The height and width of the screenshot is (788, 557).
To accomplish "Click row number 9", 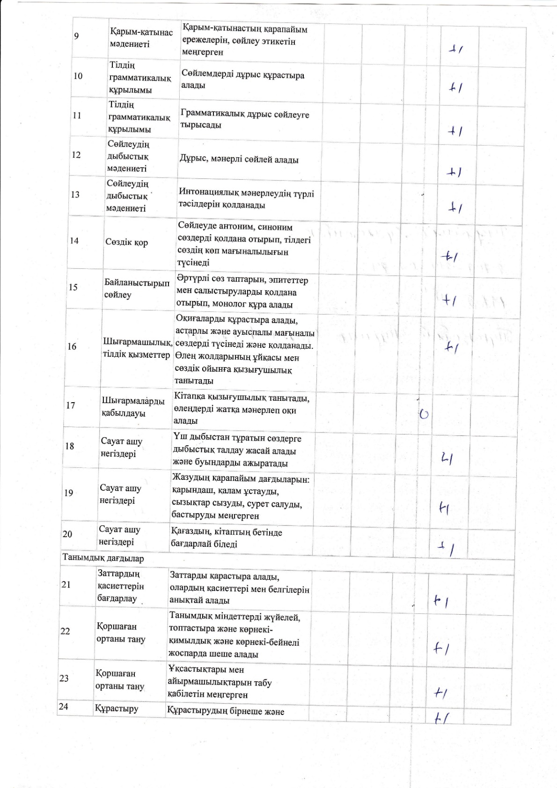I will pyautogui.click(x=76, y=37).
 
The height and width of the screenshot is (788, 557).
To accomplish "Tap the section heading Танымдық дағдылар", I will pyautogui.click(x=103, y=558).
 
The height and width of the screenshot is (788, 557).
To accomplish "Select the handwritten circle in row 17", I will pyautogui.click(x=424, y=413).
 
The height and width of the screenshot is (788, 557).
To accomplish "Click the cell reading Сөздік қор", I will pyautogui.click(x=126, y=243).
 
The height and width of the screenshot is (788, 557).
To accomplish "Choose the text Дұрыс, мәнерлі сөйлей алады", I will pyautogui.click(x=239, y=160).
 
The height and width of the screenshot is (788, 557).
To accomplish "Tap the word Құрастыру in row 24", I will pyautogui.click(x=117, y=708).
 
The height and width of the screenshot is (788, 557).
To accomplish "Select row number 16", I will pyautogui.click(x=72, y=346).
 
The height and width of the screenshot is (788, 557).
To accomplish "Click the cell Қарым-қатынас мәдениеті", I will pyautogui.click(x=141, y=38).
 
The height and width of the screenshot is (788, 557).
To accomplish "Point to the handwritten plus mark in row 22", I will pyautogui.click(x=441, y=648).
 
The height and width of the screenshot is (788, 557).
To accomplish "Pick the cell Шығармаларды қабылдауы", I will pyautogui.click(x=133, y=407).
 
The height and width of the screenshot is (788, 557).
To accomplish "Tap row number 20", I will pyautogui.click(x=67, y=534).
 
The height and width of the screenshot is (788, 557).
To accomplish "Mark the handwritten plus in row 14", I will pyautogui.click(x=450, y=256).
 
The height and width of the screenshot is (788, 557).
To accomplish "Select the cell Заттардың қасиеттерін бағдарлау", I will pyautogui.click(x=120, y=586).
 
